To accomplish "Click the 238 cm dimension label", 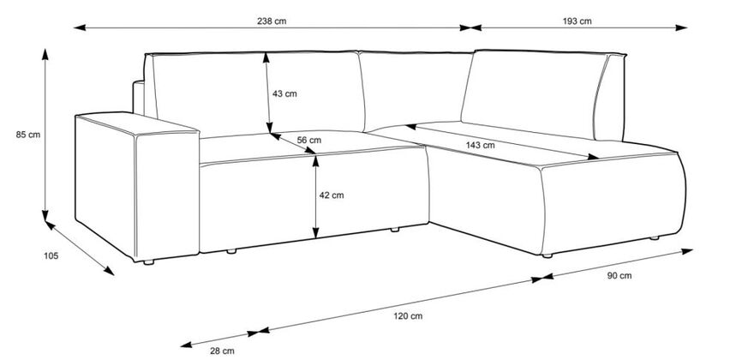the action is (x=272, y=21).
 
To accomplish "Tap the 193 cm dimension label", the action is (x=577, y=21).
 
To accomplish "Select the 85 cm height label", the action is (x=28, y=135).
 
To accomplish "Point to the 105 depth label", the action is (x=51, y=256).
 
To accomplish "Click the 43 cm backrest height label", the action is (x=284, y=93).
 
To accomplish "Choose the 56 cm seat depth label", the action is (x=309, y=141).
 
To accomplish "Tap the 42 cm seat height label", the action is (x=332, y=195).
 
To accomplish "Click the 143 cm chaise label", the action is (x=480, y=146).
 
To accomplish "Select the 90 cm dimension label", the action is (x=619, y=276).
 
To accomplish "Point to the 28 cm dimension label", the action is (x=223, y=351).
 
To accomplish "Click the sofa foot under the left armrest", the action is (x=148, y=262).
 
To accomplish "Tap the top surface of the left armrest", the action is (x=136, y=123).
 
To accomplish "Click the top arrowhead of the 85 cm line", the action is (x=45, y=54).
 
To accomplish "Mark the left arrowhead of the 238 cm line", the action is (x=80, y=28).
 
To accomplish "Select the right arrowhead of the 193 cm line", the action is (x=681, y=28).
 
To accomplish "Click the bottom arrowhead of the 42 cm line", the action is (x=315, y=232).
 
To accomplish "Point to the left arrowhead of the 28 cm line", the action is (x=187, y=345).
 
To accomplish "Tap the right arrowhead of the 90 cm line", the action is (x=687, y=250).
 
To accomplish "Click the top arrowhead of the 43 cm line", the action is (x=266, y=57).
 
